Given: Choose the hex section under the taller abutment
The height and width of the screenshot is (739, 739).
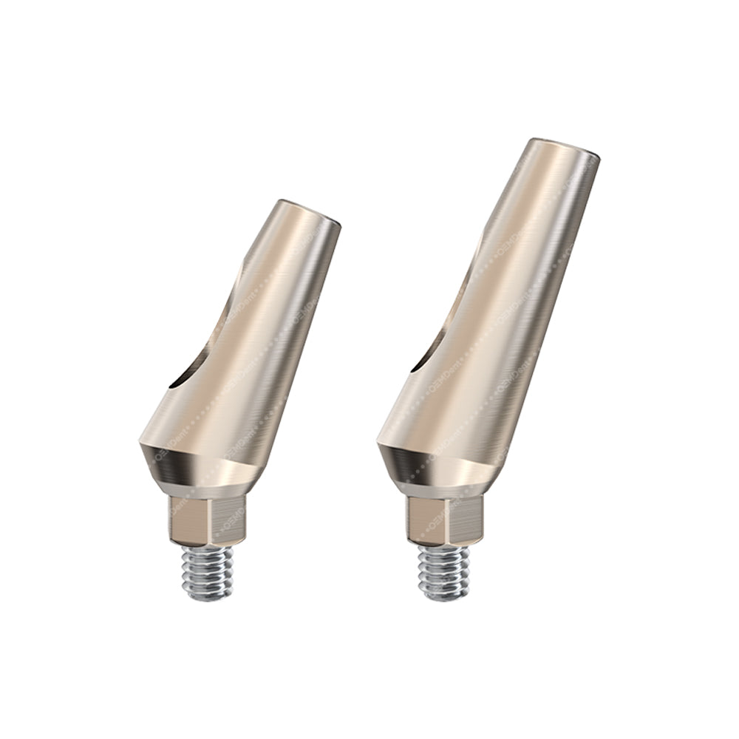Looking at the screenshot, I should (443, 521).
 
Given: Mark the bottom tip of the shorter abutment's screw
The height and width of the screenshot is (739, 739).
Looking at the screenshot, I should (210, 595).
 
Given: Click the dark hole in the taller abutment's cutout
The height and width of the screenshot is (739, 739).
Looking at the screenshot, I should (418, 362).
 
